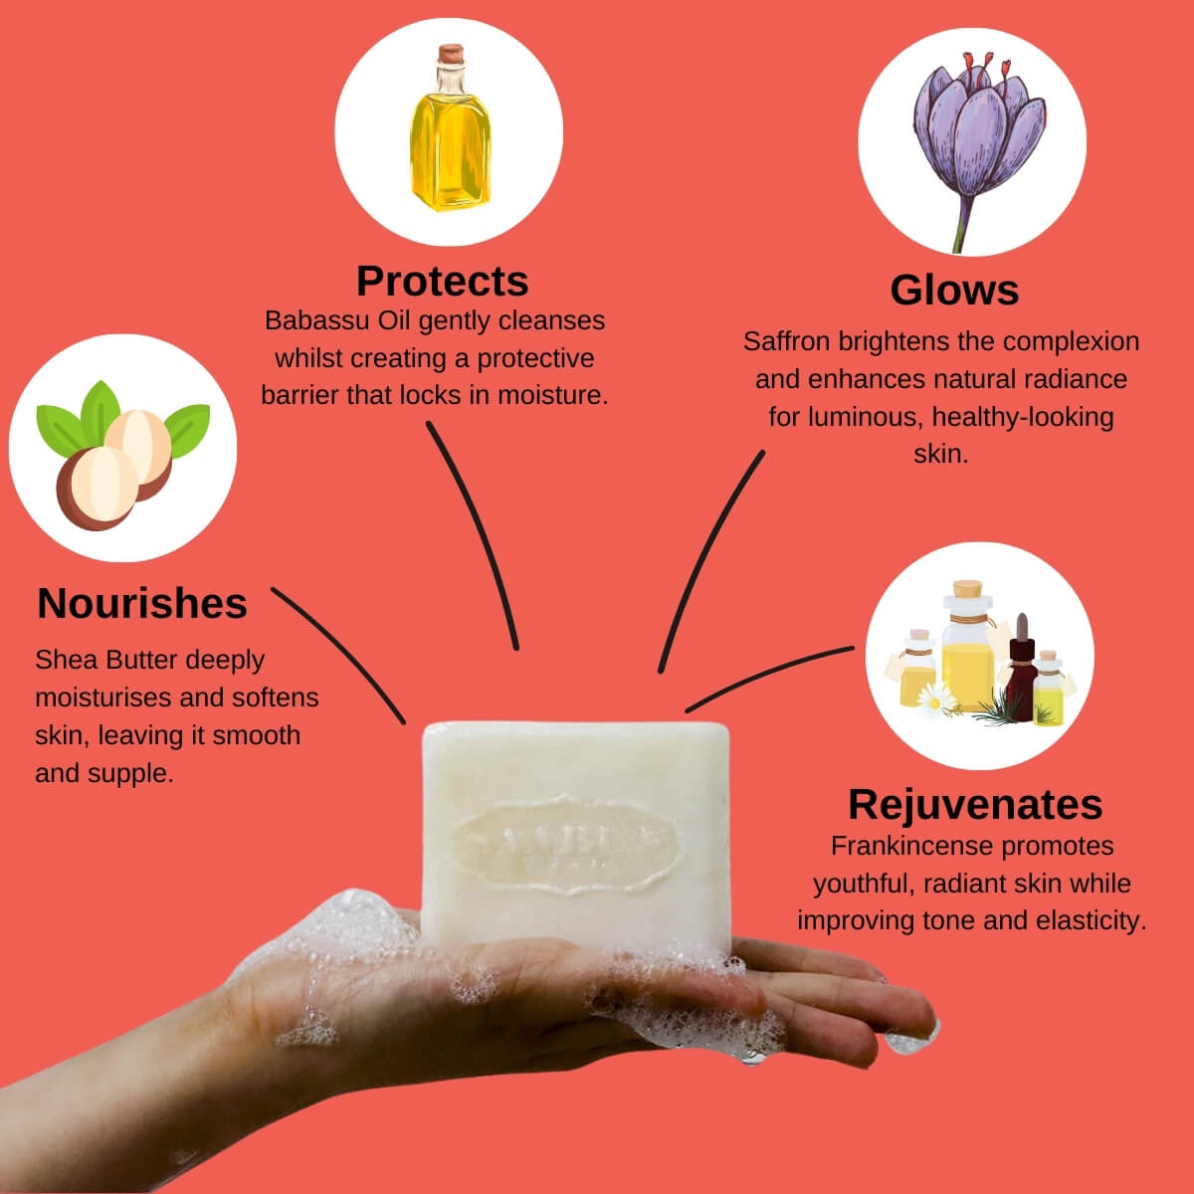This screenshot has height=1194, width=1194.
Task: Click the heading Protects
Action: (442, 281)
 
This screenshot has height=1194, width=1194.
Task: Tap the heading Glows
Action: (954, 290)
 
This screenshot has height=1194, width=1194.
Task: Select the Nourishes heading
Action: (142, 603)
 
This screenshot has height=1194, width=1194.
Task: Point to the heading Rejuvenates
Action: (975, 804)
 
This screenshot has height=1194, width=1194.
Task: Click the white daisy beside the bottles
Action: (936, 698)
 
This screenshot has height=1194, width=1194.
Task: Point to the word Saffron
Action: (786, 341)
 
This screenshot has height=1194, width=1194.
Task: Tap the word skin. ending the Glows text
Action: (940, 455)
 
